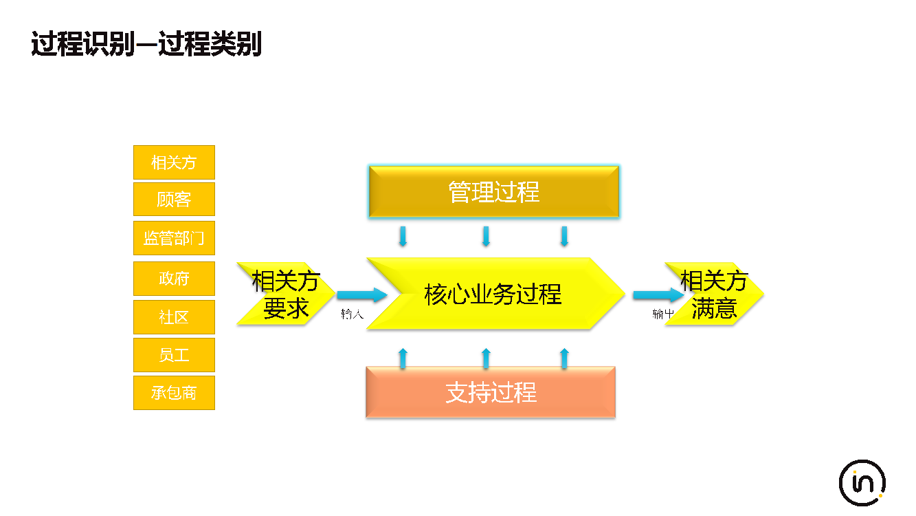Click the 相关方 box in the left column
click(x=174, y=162)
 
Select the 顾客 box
click(x=174, y=200)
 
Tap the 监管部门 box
click(x=174, y=238)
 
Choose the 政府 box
click(x=174, y=279)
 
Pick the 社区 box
click(x=174, y=317)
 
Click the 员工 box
click(x=174, y=355)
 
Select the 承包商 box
click(x=174, y=393)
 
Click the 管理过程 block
click(x=493, y=192)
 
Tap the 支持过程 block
click(x=491, y=392)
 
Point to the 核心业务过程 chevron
click(x=493, y=294)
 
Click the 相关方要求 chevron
click(x=284, y=294)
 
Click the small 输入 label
click(x=352, y=314)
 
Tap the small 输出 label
click(x=663, y=314)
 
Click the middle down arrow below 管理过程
click(x=486, y=236)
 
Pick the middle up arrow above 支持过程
click(x=486, y=358)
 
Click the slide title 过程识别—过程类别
click(x=146, y=45)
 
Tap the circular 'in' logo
click(x=862, y=483)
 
